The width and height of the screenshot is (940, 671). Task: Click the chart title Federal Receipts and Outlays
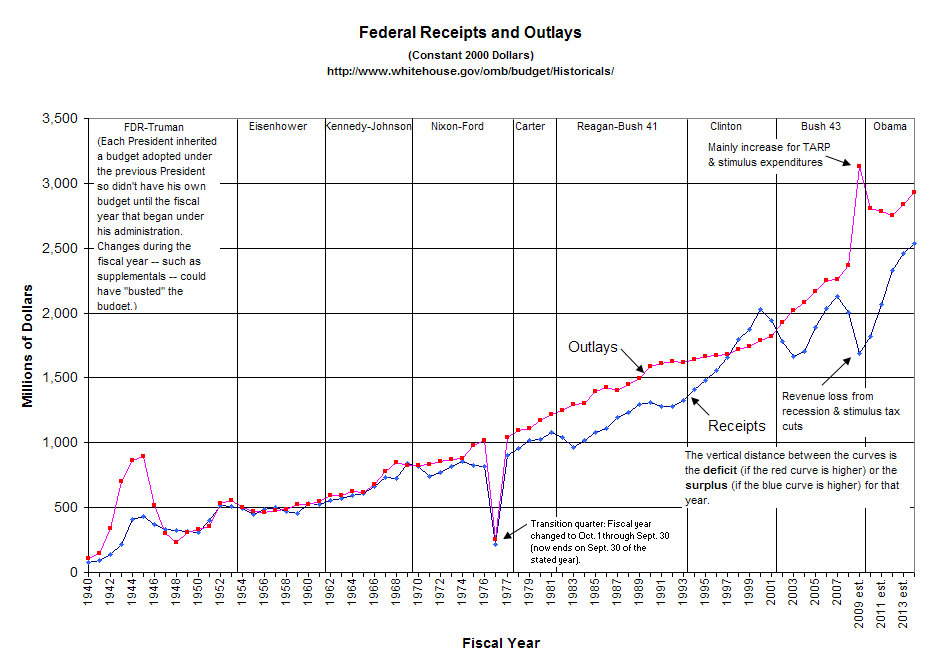470,33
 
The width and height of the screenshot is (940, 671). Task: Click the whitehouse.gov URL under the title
470,71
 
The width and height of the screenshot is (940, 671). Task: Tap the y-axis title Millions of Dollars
28,345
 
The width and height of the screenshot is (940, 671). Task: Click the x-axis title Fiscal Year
501,643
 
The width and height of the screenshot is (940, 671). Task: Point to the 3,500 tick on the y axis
59,119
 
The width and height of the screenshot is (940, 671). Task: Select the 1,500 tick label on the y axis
59,378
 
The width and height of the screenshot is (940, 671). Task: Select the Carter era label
530,127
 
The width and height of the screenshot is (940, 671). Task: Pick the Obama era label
890,127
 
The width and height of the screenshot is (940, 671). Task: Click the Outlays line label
592,347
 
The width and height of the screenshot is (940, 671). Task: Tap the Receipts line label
736,426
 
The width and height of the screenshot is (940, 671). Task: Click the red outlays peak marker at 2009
859,166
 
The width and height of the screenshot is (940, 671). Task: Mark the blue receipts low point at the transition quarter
496,544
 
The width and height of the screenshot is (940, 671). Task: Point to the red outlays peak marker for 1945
144,456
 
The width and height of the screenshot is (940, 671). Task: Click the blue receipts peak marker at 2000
761,310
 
